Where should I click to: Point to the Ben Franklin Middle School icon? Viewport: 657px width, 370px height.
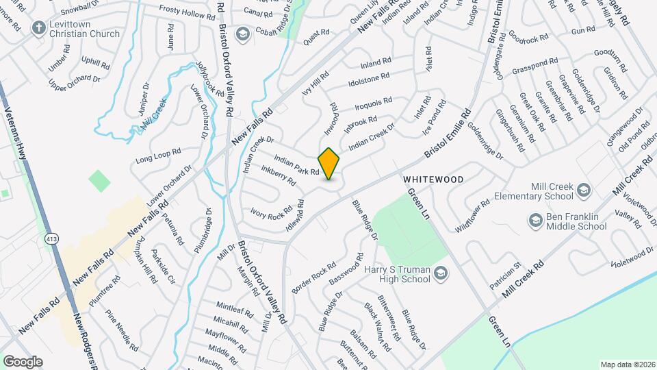535,220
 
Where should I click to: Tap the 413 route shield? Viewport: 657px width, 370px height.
50,238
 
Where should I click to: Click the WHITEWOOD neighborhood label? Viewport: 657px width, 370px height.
433,180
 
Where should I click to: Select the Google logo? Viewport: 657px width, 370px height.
23,361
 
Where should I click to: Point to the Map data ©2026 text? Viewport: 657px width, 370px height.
628,365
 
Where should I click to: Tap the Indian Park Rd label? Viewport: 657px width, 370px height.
296,166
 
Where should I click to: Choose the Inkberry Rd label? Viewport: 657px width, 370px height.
278,175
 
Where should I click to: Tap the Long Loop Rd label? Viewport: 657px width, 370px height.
158,156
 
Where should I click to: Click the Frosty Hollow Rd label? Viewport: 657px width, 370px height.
187,12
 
